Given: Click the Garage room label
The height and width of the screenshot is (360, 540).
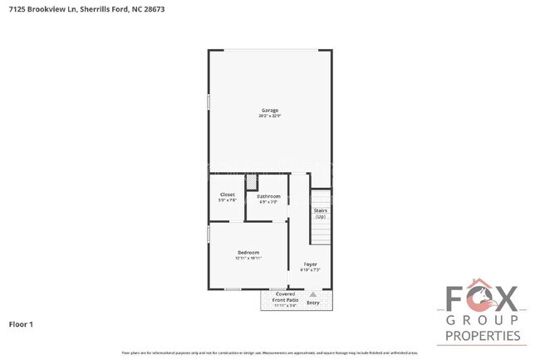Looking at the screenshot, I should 270,110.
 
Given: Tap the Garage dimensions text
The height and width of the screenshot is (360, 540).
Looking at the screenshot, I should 270,116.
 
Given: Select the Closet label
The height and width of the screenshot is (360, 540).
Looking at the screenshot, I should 228,195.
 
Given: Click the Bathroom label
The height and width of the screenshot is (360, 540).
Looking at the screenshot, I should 268,196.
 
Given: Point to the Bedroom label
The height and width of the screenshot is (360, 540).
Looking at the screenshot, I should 248,253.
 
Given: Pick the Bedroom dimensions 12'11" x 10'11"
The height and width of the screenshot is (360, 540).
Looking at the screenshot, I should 248,259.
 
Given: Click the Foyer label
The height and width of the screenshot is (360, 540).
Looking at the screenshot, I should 309,264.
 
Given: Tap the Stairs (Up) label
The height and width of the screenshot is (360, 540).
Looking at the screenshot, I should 321,213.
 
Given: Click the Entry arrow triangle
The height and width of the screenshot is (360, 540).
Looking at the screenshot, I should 313,294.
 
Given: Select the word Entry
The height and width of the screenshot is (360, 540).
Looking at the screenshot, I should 313,303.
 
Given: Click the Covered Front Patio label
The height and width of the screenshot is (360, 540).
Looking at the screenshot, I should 286,296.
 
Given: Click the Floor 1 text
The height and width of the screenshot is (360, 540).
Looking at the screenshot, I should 21,323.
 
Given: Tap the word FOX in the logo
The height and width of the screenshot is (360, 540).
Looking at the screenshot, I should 483,299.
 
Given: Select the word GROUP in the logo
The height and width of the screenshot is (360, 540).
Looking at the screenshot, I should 483,321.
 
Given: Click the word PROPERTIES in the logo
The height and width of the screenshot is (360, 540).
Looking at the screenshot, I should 483,336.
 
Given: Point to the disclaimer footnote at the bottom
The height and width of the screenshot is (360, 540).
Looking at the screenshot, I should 270,353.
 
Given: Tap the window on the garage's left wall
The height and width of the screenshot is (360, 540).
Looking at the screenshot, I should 208,101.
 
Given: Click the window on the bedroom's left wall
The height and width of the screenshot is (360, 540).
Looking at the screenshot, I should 208,234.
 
